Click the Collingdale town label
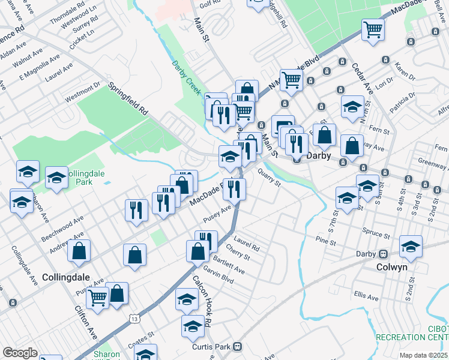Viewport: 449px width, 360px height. [x=66, y=277]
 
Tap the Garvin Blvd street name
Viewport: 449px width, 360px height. [x=219, y=274]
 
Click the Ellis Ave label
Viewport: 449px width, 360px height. [x=366, y=296]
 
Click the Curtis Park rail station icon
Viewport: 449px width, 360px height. [x=238, y=346]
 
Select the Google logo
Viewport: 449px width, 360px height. [x=20, y=353]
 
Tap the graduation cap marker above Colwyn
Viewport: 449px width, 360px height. [x=411, y=245]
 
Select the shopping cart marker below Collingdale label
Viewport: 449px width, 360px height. [x=97, y=297]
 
